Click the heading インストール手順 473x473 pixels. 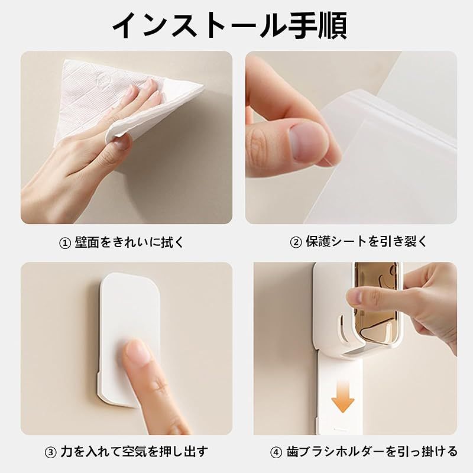pos(230,25)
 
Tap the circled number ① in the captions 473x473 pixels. pos(64,243)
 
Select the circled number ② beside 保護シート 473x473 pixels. pos(296,242)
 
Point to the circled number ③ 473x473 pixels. pos(50,452)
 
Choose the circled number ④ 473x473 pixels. pos(276,452)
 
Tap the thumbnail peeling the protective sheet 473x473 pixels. pos(351,138)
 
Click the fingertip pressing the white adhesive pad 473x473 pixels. pos(137,351)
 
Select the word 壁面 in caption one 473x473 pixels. pos(87,242)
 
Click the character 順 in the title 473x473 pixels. pos(333,25)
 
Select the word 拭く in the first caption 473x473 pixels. pos(172,242)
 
